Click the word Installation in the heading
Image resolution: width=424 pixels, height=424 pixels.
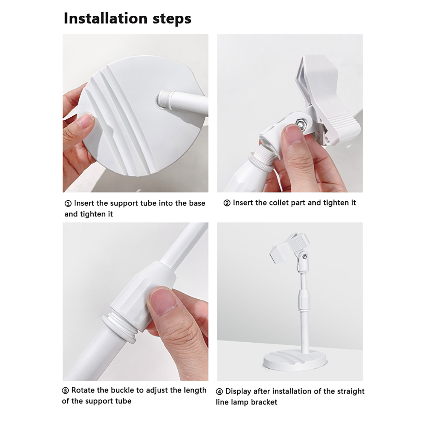tap(105, 18)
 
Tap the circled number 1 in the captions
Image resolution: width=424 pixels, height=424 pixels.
tap(68, 204)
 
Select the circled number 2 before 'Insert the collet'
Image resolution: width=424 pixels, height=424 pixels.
tap(227, 203)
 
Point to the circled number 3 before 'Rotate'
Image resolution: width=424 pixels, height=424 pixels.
tap(65, 391)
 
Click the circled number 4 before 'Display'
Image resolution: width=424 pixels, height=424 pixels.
tap(219, 392)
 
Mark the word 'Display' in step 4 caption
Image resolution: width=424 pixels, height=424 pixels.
tap(238, 392)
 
